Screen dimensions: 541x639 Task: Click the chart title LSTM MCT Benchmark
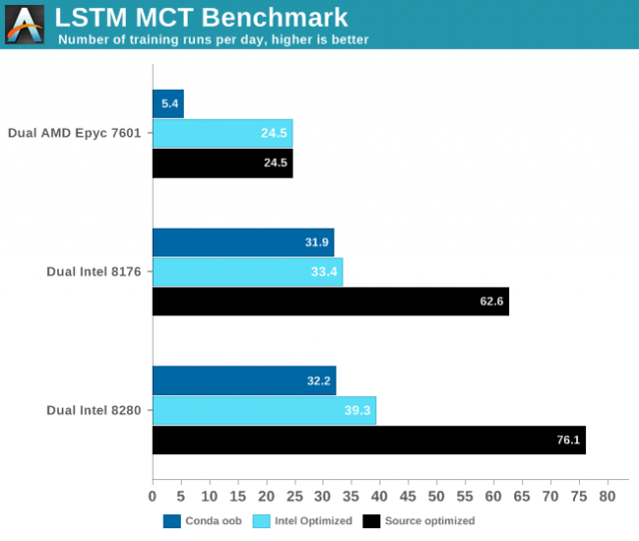tap(201, 17)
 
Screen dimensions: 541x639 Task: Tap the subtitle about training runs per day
tap(213, 40)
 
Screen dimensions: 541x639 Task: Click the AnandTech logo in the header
tap(25, 24)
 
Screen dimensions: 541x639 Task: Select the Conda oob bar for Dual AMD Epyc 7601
tap(168, 104)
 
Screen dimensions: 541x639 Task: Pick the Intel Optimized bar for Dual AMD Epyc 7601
tap(222, 133)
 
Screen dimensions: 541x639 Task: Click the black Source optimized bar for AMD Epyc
tap(222, 163)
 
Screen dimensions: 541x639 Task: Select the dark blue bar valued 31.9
tap(243, 243)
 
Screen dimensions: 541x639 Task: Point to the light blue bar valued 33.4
tap(247, 271)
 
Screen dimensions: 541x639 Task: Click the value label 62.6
tap(487, 301)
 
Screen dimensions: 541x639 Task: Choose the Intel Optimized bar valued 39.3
tap(264, 410)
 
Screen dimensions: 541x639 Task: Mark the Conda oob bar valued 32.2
tap(244, 381)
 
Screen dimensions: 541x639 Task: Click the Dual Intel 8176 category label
tap(95, 271)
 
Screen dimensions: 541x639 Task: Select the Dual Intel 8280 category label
tap(95, 410)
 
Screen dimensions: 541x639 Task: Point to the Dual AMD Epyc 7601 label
tap(81, 133)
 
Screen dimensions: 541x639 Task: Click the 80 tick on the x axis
tap(607, 496)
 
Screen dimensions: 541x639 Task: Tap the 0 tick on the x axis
tap(153, 496)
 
